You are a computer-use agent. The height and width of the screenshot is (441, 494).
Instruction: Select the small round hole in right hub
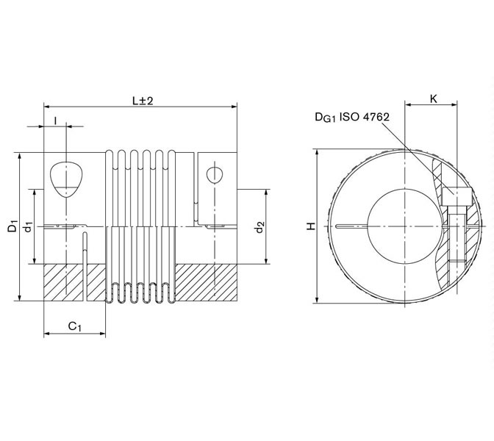[213, 175]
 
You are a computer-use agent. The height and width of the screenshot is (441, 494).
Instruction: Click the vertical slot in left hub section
[87, 265]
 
